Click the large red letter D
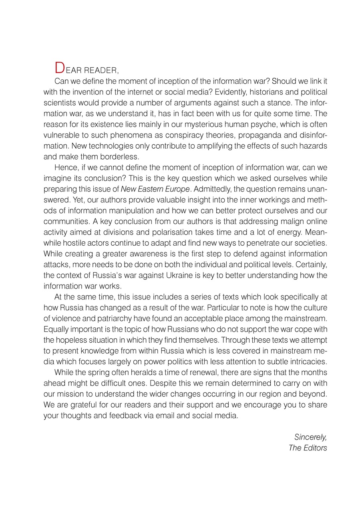tap(59, 67)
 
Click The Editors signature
tap(308, 448)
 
